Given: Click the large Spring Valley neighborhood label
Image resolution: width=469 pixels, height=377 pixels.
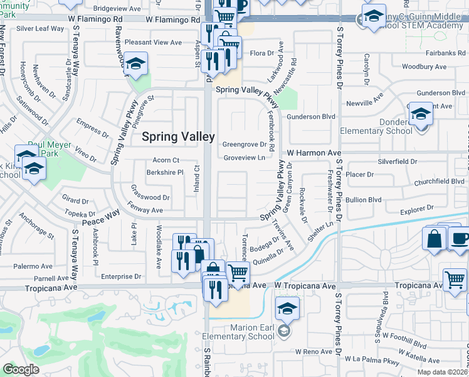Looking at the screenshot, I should coord(178,136).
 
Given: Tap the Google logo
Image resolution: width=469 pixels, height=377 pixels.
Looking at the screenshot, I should coord(21,369).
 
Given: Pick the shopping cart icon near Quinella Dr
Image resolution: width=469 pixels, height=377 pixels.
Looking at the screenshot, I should coord(238,273).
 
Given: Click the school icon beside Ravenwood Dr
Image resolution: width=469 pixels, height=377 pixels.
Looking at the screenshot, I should coord(134,64).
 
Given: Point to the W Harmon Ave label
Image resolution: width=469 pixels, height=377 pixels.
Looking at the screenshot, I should coord(314,153).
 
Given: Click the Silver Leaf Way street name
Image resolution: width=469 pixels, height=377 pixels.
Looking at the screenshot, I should coord(40,29).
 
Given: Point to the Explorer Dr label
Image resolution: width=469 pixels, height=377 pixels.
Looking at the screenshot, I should coord(413,207).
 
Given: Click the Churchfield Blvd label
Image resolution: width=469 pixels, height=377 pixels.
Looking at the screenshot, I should coord(440,182).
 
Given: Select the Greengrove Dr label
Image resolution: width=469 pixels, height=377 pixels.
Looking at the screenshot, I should coord(245,145).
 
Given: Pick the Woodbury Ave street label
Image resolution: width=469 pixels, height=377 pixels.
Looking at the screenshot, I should coord(423,67).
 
